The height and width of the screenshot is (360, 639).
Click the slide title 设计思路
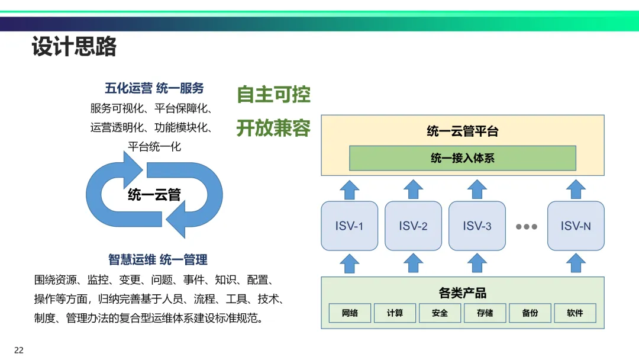click(74, 47)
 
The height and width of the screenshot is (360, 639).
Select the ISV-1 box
click(350, 226)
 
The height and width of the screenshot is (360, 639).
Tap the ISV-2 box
click(413, 226)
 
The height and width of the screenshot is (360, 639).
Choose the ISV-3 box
click(477, 226)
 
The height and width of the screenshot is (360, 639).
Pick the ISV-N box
click(576, 226)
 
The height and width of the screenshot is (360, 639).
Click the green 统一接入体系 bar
click(462, 158)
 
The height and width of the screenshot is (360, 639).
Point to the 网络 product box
click(350, 313)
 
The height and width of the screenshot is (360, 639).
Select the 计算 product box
click(395, 313)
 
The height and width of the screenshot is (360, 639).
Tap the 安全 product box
click(440, 313)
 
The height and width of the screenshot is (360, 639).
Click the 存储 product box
click(485, 313)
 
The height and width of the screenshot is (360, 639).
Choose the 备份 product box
click(530, 313)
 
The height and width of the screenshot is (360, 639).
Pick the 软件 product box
click(575, 313)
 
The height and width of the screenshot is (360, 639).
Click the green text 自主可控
click(273, 95)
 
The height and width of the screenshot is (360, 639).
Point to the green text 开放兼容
click(273, 128)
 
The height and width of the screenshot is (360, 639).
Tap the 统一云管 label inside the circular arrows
click(154, 194)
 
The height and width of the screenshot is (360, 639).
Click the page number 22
click(19, 350)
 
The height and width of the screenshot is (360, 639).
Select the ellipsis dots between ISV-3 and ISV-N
click(526, 226)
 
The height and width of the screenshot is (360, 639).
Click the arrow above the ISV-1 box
click(350, 189)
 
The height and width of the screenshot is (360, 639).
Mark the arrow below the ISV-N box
click(576, 263)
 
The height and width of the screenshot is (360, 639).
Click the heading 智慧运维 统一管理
click(158, 259)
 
